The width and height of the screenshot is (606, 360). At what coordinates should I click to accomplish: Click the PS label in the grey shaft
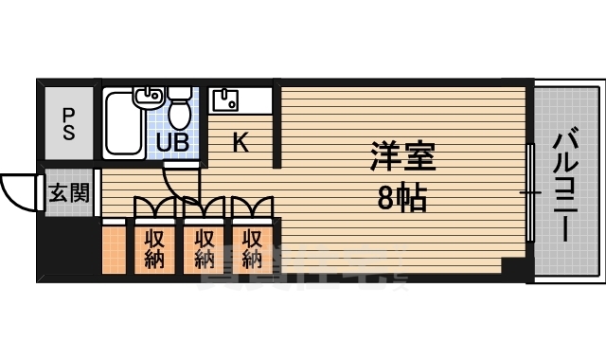68,124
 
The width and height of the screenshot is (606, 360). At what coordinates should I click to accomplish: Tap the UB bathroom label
172,143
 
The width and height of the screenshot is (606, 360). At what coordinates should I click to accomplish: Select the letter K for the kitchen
241,143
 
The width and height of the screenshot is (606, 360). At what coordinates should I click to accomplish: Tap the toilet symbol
180,111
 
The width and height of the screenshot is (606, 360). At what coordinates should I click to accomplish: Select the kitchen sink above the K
226,98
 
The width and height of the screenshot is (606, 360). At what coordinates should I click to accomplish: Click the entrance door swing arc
17,193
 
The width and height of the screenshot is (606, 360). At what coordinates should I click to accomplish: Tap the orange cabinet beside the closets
114,248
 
